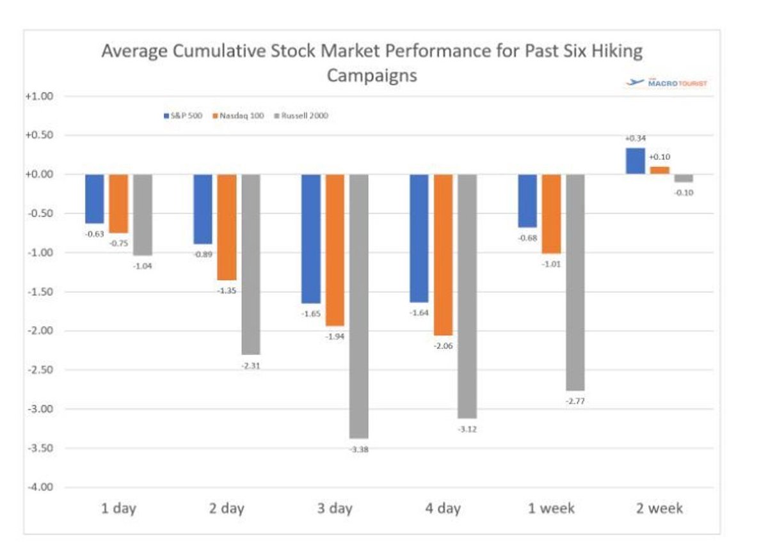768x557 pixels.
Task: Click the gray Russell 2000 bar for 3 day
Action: pos(358,306)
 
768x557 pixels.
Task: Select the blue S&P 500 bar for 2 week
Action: pos(635,161)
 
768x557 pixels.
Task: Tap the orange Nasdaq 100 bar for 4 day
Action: pos(442,255)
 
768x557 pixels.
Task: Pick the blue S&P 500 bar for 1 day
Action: pos(94,199)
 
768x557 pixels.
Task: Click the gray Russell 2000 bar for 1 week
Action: pos(575,282)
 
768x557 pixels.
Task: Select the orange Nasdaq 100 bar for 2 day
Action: pos(227,227)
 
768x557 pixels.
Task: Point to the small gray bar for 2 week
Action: pos(684,178)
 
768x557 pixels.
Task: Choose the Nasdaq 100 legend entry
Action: pos(240,116)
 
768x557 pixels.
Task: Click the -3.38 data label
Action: pos(358,449)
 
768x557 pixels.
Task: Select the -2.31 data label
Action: pos(250,366)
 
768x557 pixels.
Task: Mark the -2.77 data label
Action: pos(575,402)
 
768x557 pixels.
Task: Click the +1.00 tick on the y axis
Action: pos(41,97)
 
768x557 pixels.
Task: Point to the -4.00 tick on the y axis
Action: pos(41,487)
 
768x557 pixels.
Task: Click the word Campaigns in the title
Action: pos(372,75)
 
